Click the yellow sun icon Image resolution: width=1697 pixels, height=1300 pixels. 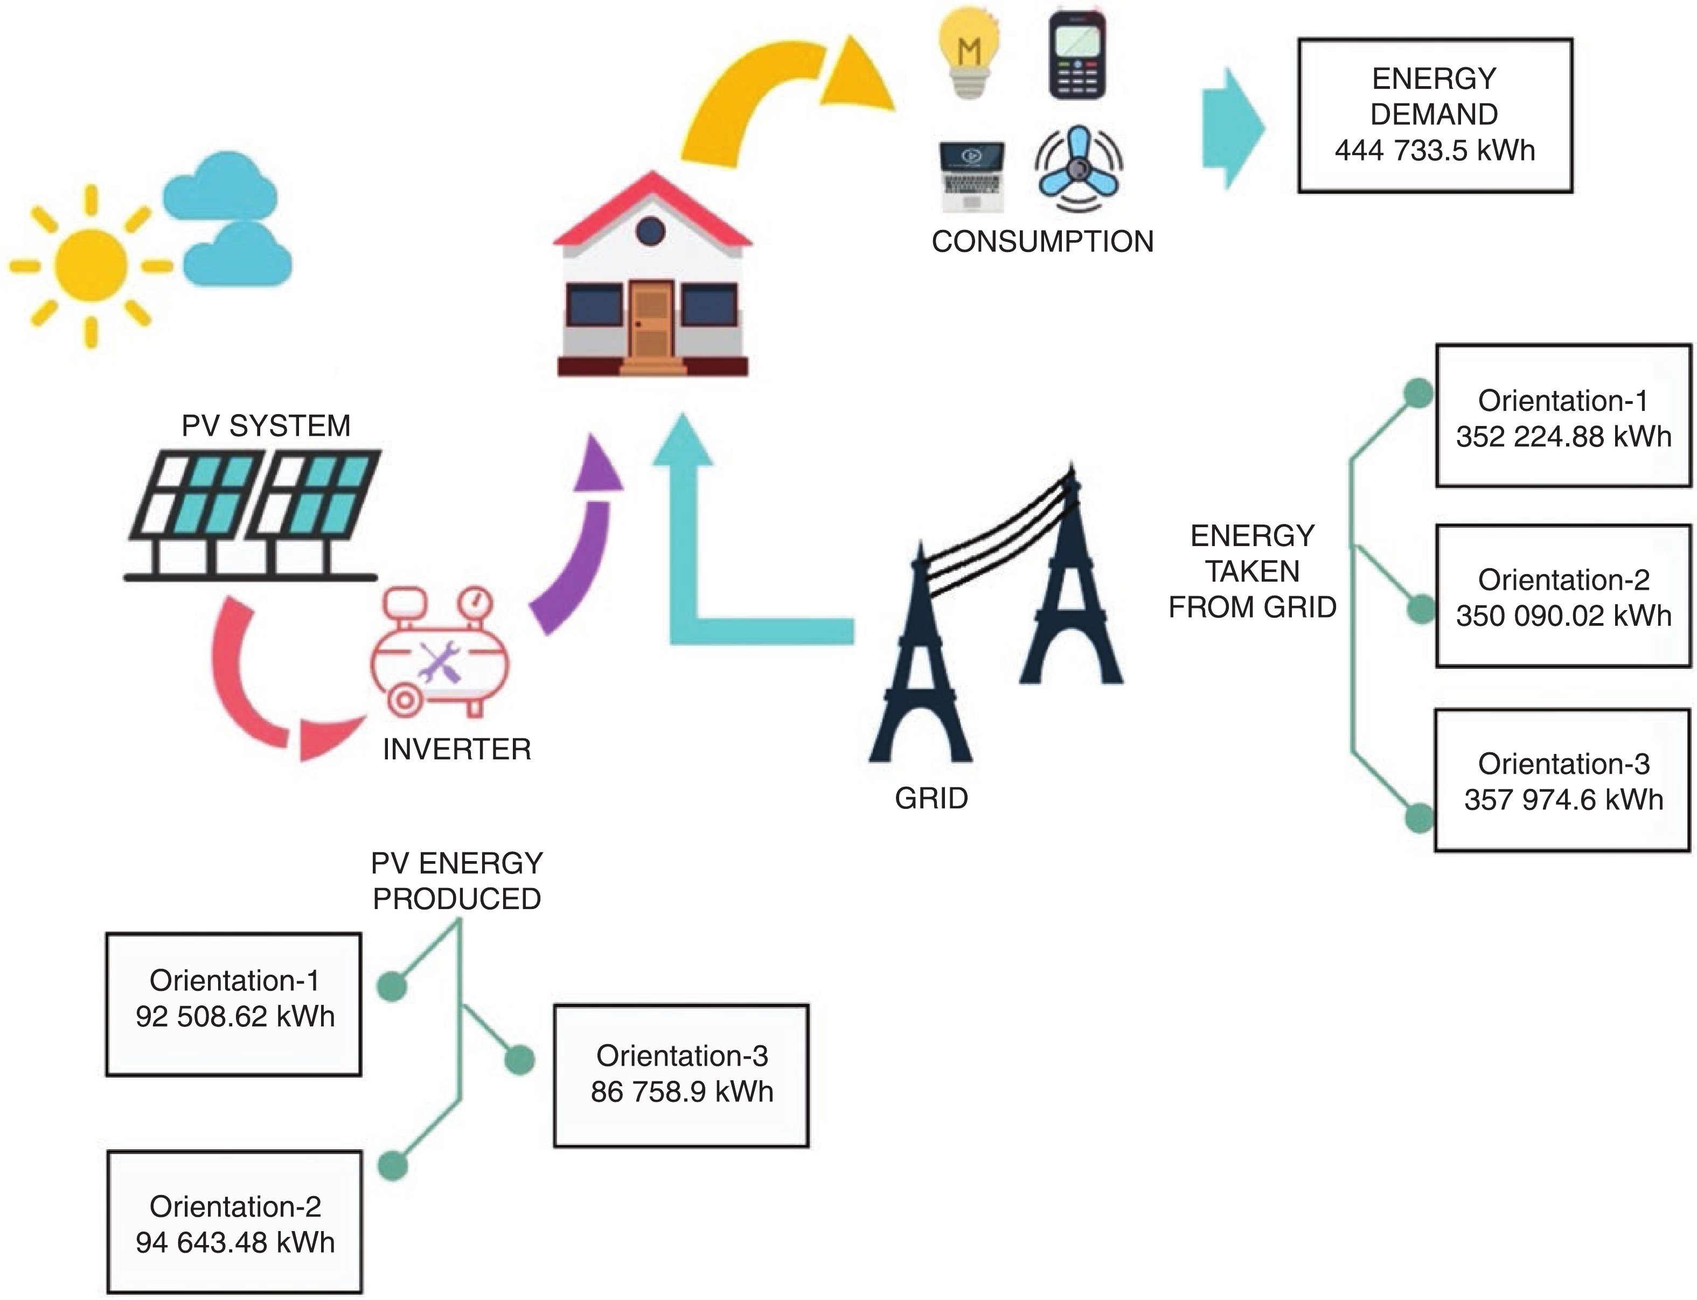92,265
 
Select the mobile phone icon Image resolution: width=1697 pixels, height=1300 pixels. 1077,55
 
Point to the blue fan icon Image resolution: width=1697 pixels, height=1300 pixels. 1079,170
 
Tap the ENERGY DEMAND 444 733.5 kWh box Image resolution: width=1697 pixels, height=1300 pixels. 1435,115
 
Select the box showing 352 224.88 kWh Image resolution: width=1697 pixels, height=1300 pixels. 1562,416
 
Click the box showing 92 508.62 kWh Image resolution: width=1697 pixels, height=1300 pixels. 234,1004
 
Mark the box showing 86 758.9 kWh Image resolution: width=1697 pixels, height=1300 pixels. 681,1075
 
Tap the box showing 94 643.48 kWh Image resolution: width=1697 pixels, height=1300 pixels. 234,1222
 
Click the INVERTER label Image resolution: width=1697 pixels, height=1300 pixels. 457,749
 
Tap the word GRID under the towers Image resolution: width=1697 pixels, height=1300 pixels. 931,798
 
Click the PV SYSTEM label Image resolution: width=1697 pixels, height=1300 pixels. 266,425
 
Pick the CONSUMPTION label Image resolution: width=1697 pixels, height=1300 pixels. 1042,241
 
